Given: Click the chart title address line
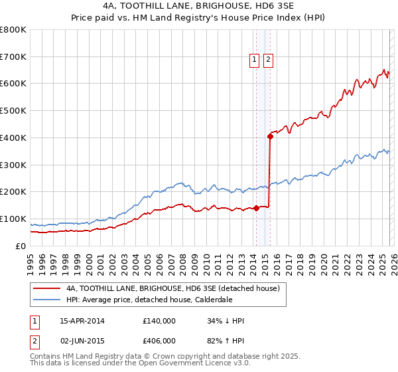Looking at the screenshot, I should click(198, 6).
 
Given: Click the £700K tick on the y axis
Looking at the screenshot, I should click(13, 57).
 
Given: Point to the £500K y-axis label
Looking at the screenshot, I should click(13, 111).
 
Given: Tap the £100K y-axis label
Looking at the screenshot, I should click(13, 219).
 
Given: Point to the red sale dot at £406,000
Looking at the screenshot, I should click(270, 137).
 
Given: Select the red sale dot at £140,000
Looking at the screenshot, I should click(256, 208).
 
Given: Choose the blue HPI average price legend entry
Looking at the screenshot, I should click(149, 300).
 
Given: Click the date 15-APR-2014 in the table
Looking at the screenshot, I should click(82, 322).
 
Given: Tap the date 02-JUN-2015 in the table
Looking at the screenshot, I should click(82, 341).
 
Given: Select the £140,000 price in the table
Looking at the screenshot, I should click(159, 322).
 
